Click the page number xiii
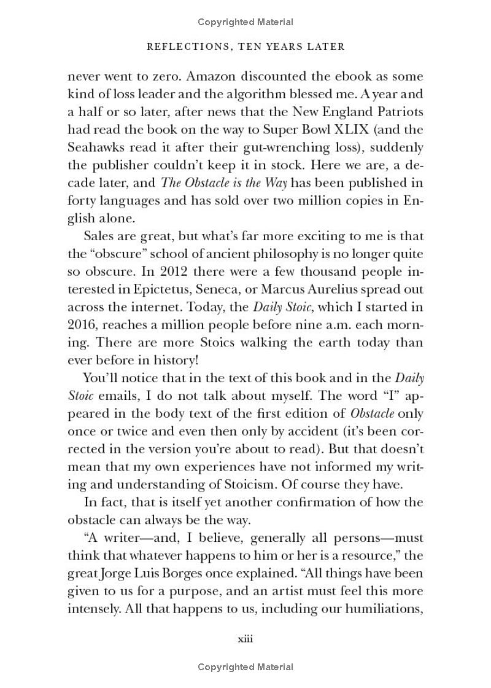tap(245, 639)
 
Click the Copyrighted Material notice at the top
tap(245, 22)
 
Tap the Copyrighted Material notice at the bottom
tap(245, 666)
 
